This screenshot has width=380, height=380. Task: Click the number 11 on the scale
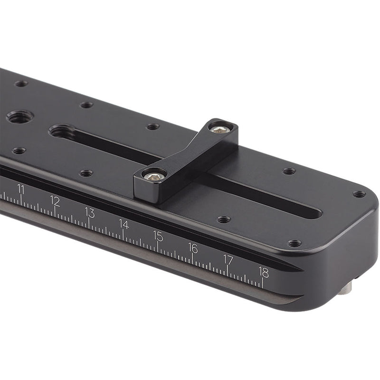pos(21,189)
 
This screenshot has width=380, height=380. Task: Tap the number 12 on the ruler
pos(55,201)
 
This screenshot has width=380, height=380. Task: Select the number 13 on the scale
pos(89,212)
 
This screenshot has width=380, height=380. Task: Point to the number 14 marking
pos(123,224)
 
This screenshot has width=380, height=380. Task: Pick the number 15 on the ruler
pos(158,236)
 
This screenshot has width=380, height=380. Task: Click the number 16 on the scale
pos(193,247)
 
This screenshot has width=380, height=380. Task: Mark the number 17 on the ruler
pos(228,260)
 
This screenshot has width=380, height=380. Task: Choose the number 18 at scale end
pos(264,272)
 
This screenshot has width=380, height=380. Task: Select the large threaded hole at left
pos(18,116)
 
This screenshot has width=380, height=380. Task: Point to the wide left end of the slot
pos(62,131)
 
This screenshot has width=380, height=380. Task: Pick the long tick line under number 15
pos(158,246)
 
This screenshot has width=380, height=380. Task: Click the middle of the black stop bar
pos(185,152)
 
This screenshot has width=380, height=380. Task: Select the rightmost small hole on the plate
pos(359,194)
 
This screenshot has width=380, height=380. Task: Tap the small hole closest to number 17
pos(224,219)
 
